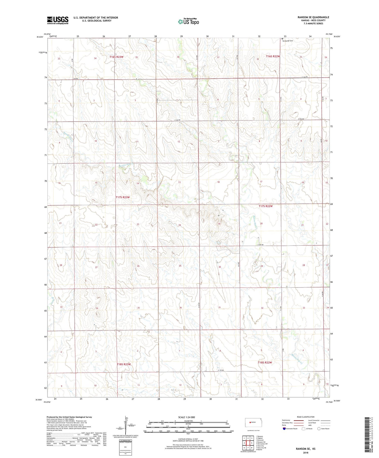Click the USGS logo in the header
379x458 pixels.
(58, 20)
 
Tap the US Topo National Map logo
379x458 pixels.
(188, 22)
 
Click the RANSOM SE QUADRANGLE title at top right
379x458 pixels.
(313, 17)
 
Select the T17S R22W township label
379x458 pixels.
(266, 206)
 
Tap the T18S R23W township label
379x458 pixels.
(124, 364)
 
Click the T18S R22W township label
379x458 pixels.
(265, 363)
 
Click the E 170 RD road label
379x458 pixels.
(221, 370)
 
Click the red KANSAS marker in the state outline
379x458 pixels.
(250, 422)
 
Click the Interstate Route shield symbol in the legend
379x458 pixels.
(284, 429)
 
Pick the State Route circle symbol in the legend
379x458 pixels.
(319, 429)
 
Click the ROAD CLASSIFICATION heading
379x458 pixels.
(305, 417)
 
